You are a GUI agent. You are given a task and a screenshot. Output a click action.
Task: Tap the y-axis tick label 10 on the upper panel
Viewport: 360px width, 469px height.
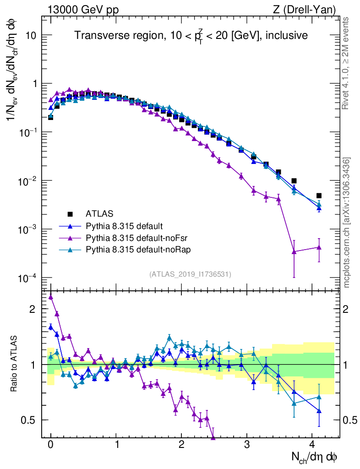(x=30, y=36)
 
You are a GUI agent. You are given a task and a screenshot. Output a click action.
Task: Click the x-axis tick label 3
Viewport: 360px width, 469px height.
(x=247, y=445)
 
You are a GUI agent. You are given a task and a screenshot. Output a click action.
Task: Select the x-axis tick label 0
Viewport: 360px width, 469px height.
(x=51, y=445)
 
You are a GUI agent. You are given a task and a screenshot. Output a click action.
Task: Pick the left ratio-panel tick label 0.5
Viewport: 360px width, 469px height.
(x=29, y=420)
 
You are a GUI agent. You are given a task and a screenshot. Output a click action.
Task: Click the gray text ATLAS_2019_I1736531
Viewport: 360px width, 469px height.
(x=190, y=274)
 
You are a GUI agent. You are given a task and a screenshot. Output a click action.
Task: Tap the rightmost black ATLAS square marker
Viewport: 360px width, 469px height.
(x=319, y=196)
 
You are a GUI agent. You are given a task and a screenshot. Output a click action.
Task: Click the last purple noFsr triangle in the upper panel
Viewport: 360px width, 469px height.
(x=319, y=247)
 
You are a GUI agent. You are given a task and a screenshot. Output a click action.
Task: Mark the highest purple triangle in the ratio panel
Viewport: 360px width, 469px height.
(x=51, y=297)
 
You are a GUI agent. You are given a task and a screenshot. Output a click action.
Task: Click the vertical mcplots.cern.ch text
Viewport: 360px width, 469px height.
(x=347, y=223)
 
